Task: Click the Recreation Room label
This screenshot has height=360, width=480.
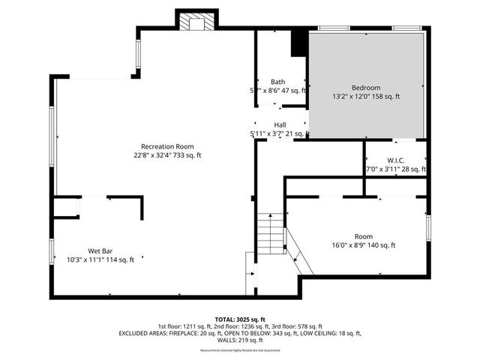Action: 168,145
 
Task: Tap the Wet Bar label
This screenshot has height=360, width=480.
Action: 100,250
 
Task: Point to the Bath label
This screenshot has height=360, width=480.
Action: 277,81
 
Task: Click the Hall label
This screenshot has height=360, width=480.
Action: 280,124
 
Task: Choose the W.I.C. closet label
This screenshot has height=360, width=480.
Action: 395,160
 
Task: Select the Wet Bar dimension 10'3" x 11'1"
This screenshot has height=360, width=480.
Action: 100,260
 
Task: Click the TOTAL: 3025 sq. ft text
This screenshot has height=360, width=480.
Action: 240,319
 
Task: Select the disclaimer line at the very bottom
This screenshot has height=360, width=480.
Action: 240,350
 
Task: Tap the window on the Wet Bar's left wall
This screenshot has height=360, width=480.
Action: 52,250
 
